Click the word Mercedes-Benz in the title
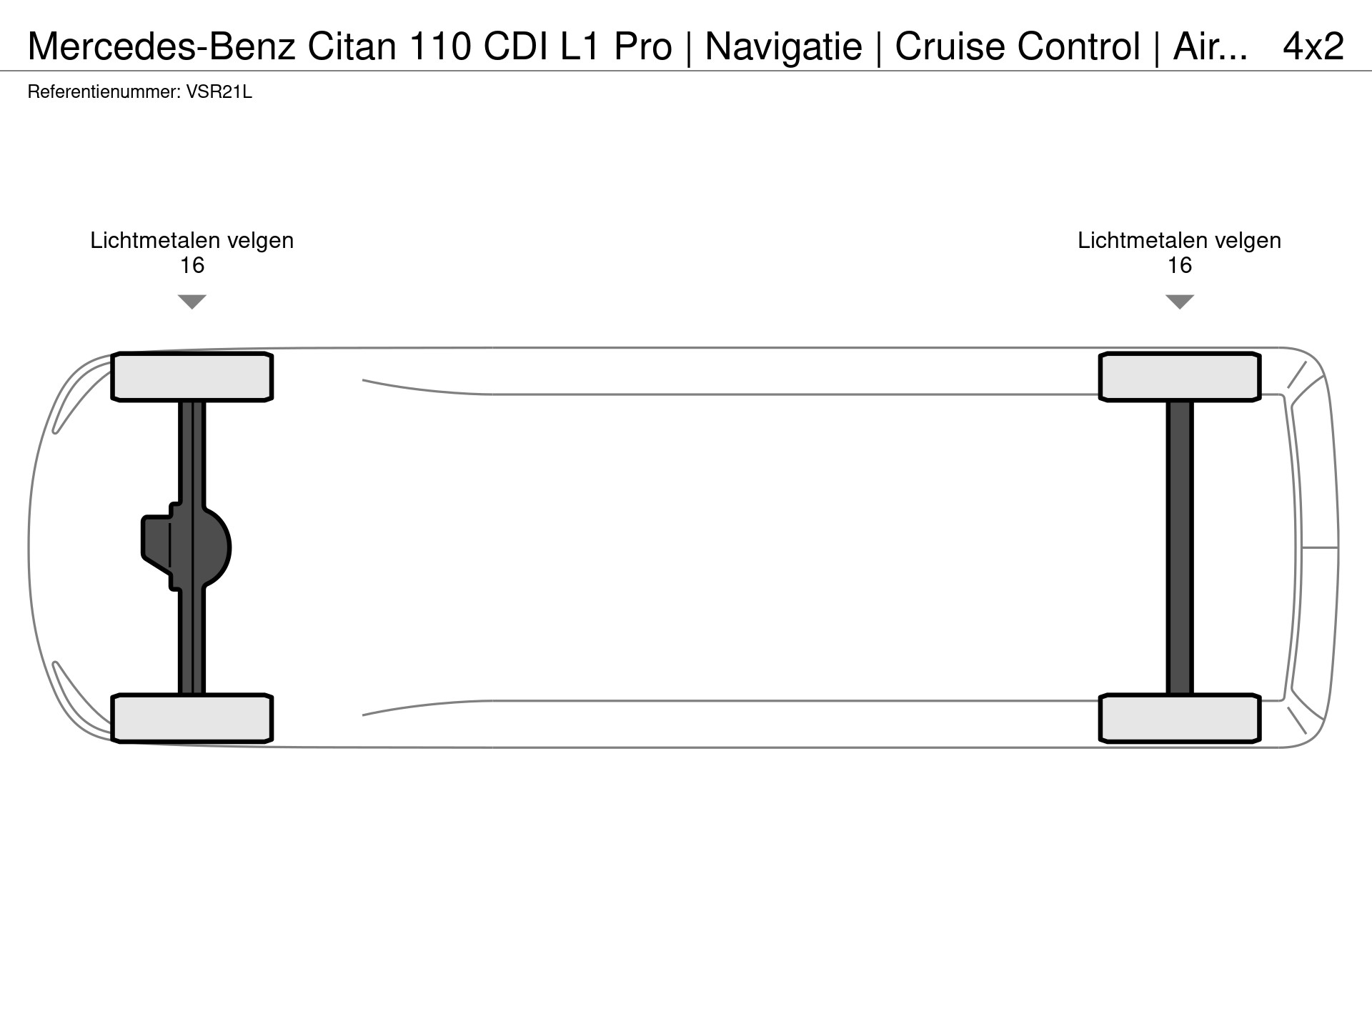[161, 46]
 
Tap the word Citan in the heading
[352, 46]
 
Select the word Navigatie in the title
[783, 46]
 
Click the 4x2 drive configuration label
[1313, 46]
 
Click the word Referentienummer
[104, 92]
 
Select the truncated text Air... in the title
[1210, 46]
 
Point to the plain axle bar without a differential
[1180, 547]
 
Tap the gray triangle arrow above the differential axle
[192, 301]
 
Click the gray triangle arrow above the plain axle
[1180, 301]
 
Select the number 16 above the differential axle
[192, 266]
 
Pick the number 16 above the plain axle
[1180, 266]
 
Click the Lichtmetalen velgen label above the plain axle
[1179, 240]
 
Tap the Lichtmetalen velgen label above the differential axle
[192, 240]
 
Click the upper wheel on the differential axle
[192, 377]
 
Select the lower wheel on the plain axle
[1180, 718]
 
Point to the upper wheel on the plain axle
[1180, 377]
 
